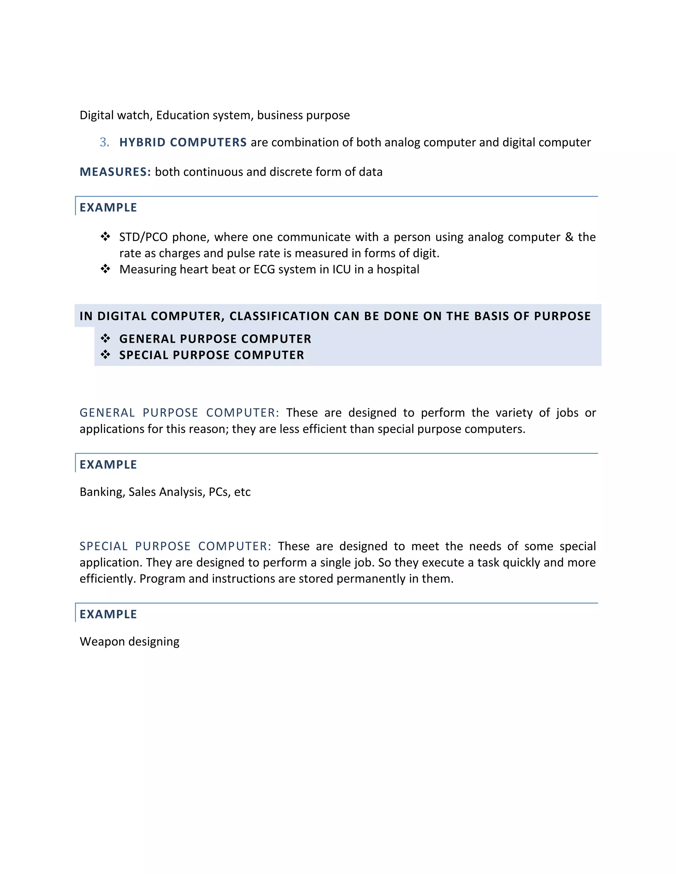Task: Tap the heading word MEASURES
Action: [x=115, y=172]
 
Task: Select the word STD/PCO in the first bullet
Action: [x=143, y=237]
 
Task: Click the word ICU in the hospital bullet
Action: [x=341, y=269]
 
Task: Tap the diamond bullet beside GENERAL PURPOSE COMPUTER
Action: [x=105, y=339]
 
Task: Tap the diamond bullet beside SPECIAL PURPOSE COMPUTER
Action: [x=105, y=355]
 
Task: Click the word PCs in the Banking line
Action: [x=218, y=492]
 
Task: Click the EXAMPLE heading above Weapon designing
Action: [x=108, y=614]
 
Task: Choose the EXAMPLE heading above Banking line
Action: [x=108, y=465]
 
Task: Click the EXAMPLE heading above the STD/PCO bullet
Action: [x=108, y=208]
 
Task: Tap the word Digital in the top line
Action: [x=96, y=115]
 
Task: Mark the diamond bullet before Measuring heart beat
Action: [x=105, y=269]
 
